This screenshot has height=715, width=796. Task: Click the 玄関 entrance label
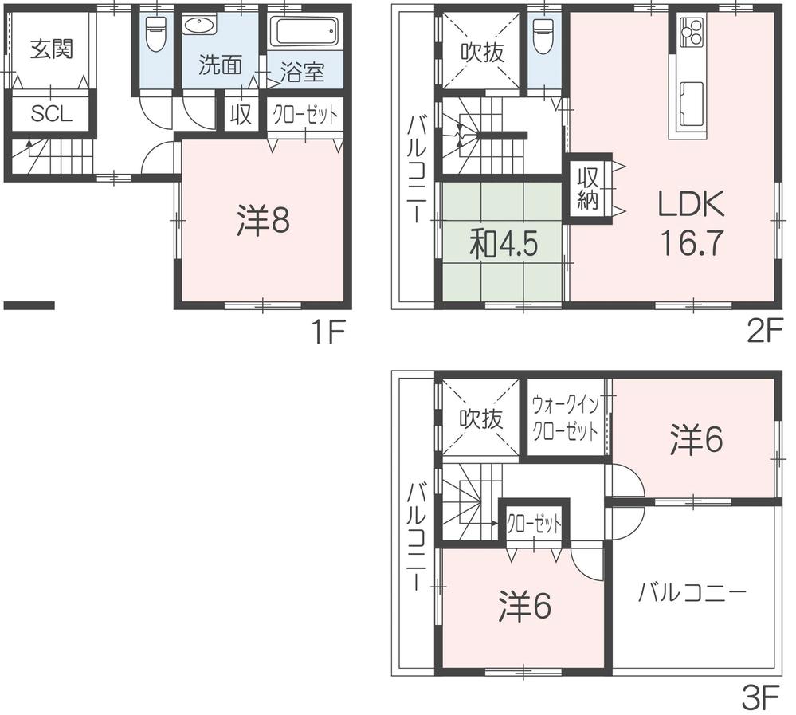point(52,49)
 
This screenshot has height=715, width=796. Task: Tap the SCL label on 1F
point(52,114)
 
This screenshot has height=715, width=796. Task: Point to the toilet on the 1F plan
point(155,32)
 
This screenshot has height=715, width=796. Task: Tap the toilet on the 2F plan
point(543,35)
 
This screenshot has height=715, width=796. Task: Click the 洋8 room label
point(262,222)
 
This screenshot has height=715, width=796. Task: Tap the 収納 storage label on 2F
point(587,188)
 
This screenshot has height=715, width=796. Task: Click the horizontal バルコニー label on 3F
point(692,593)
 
